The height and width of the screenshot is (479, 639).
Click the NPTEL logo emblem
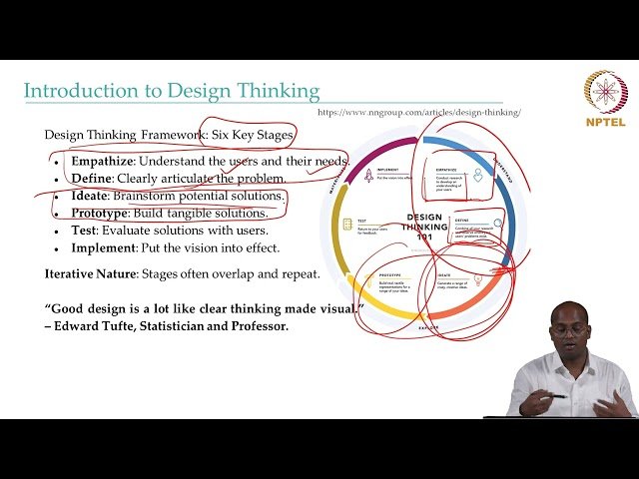605,92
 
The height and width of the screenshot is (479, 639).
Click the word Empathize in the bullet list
103,161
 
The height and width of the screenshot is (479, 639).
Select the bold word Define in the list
91,178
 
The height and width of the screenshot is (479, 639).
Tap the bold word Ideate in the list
90,196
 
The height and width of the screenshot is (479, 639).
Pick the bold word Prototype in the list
100,213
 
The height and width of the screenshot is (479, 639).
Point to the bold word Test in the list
85,231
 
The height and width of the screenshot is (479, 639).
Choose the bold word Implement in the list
103,247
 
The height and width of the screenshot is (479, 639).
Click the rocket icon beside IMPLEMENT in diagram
369,175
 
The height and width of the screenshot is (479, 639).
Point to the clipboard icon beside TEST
347,225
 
